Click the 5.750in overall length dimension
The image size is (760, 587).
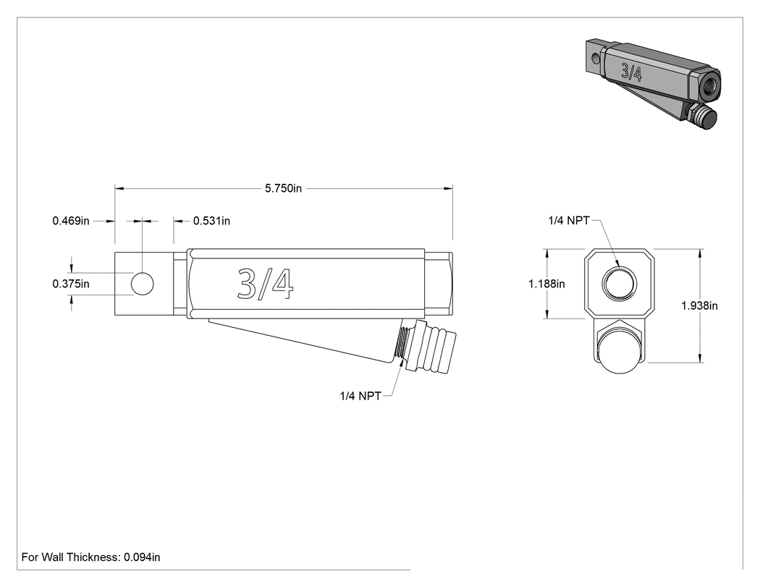pos(283,188)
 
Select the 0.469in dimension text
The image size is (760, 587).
pos(71,221)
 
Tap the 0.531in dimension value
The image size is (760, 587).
pos(212,221)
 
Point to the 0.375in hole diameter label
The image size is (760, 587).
pos(71,284)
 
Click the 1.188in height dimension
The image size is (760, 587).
pos(546,284)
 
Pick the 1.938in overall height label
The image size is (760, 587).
pos(699,305)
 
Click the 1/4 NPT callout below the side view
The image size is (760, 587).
pos(360,396)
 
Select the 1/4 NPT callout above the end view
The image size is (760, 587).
pos(569,221)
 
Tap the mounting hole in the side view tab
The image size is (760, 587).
pos(143,284)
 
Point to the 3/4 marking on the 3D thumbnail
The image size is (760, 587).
pos(632,72)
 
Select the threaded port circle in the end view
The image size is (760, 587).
pos(619,283)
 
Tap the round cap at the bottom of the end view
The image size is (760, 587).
pos(619,351)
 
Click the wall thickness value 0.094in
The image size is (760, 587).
pos(142,557)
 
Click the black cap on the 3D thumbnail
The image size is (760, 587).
pos(706,118)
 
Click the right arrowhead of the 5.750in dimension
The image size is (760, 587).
pos(448,188)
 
